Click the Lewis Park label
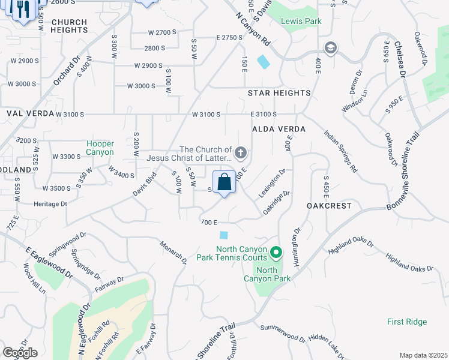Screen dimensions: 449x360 301,21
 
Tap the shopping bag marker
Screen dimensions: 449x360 224,182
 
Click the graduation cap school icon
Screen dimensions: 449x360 330,47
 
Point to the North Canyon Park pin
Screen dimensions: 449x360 276,253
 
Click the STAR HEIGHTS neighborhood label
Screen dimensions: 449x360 279,93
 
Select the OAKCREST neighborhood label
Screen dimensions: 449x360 328,205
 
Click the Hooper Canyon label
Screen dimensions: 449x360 100,148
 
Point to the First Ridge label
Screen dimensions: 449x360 407,322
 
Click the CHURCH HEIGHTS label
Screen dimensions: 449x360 69,26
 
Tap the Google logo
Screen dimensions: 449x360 20,353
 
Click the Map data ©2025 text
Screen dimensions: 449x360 423,355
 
